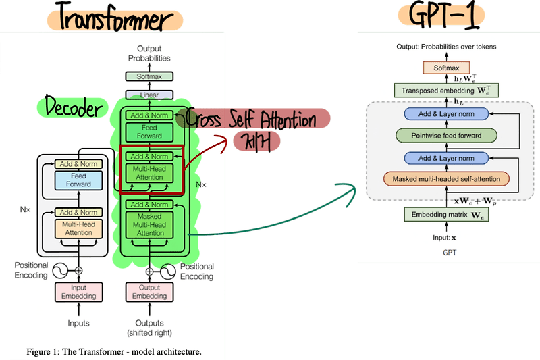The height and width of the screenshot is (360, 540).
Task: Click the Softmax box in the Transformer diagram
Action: click(148, 77)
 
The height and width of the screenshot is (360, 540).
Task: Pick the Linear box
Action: click(148, 95)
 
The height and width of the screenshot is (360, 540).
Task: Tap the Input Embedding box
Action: click(78, 291)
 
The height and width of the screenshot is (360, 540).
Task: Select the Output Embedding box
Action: click(149, 291)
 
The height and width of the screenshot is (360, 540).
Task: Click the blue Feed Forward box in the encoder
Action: click(78, 180)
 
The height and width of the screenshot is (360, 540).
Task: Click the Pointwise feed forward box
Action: click(446, 136)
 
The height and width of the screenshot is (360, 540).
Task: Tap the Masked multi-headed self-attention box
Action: click(446, 180)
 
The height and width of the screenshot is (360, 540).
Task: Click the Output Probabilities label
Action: click(149, 54)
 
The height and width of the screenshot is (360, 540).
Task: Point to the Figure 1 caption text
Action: click(113, 352)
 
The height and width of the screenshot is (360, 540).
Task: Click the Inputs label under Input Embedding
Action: click(78, 323)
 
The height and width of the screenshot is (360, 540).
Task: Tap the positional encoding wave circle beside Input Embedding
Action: click(59, 269)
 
